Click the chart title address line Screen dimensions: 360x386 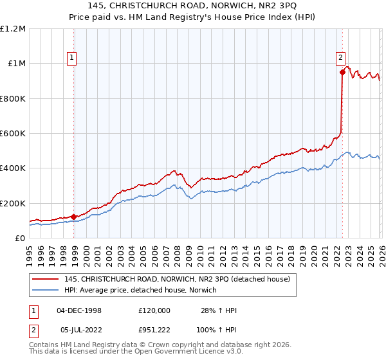pos(193,5)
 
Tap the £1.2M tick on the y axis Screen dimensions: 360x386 pos(13,29)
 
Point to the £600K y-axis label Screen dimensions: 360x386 pos(13,134)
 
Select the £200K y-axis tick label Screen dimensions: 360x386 pos(13,203)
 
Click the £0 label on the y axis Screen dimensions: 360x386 pos(21,238)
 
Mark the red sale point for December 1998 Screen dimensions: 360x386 pos(74,217)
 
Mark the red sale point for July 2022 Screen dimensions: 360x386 pos(342,73)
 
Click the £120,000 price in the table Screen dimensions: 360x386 pos(154,310)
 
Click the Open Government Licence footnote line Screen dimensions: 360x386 pos(129,353)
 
